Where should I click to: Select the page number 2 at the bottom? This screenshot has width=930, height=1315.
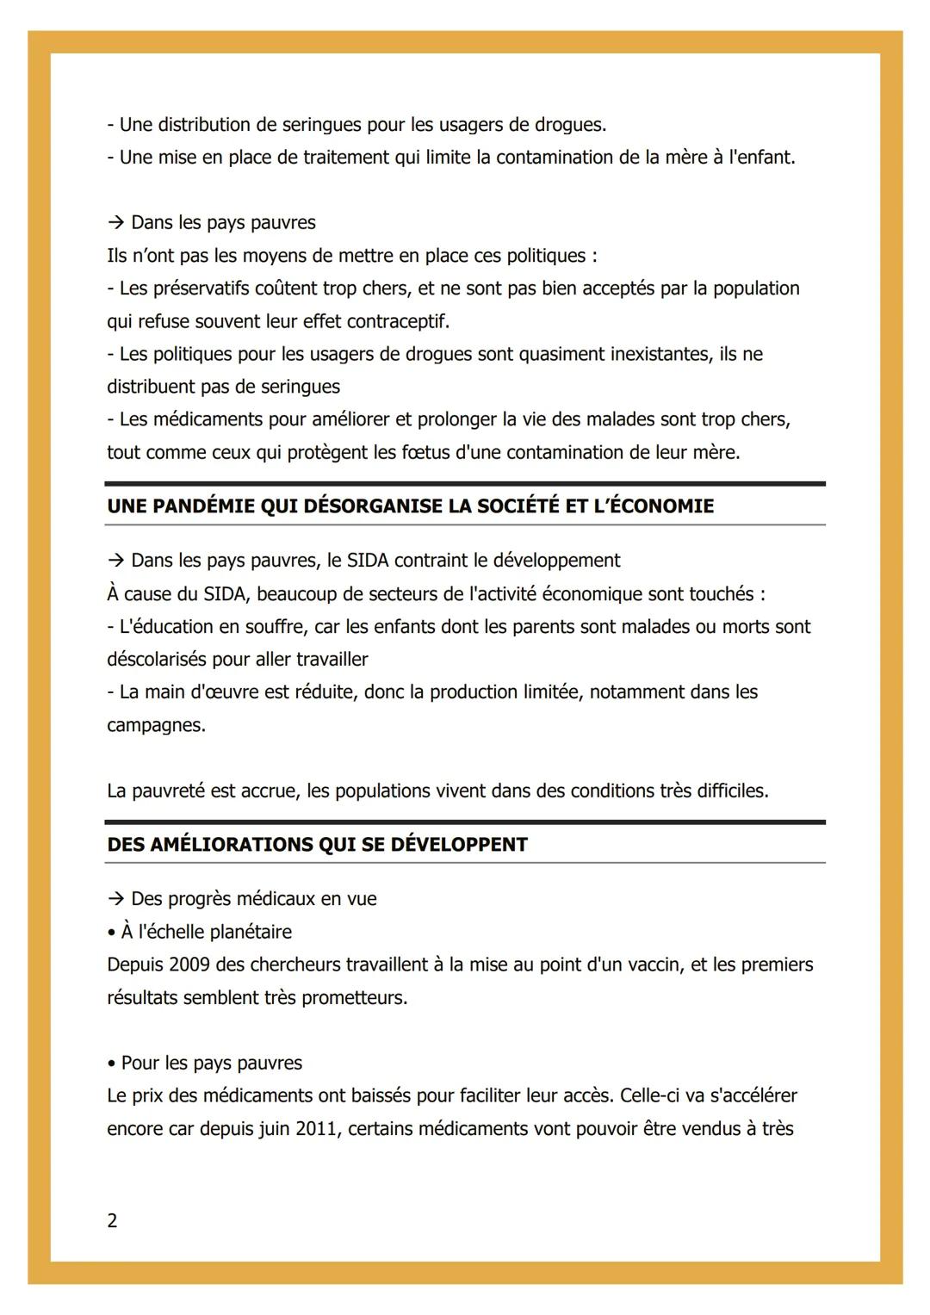point(112,1220)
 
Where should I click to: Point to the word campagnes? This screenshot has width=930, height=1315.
point(155,725)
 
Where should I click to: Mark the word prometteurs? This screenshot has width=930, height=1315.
point(354,997)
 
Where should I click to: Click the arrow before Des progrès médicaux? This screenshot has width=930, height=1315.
point(116,899)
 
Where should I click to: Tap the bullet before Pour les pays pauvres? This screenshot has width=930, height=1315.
point(111,1064)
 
